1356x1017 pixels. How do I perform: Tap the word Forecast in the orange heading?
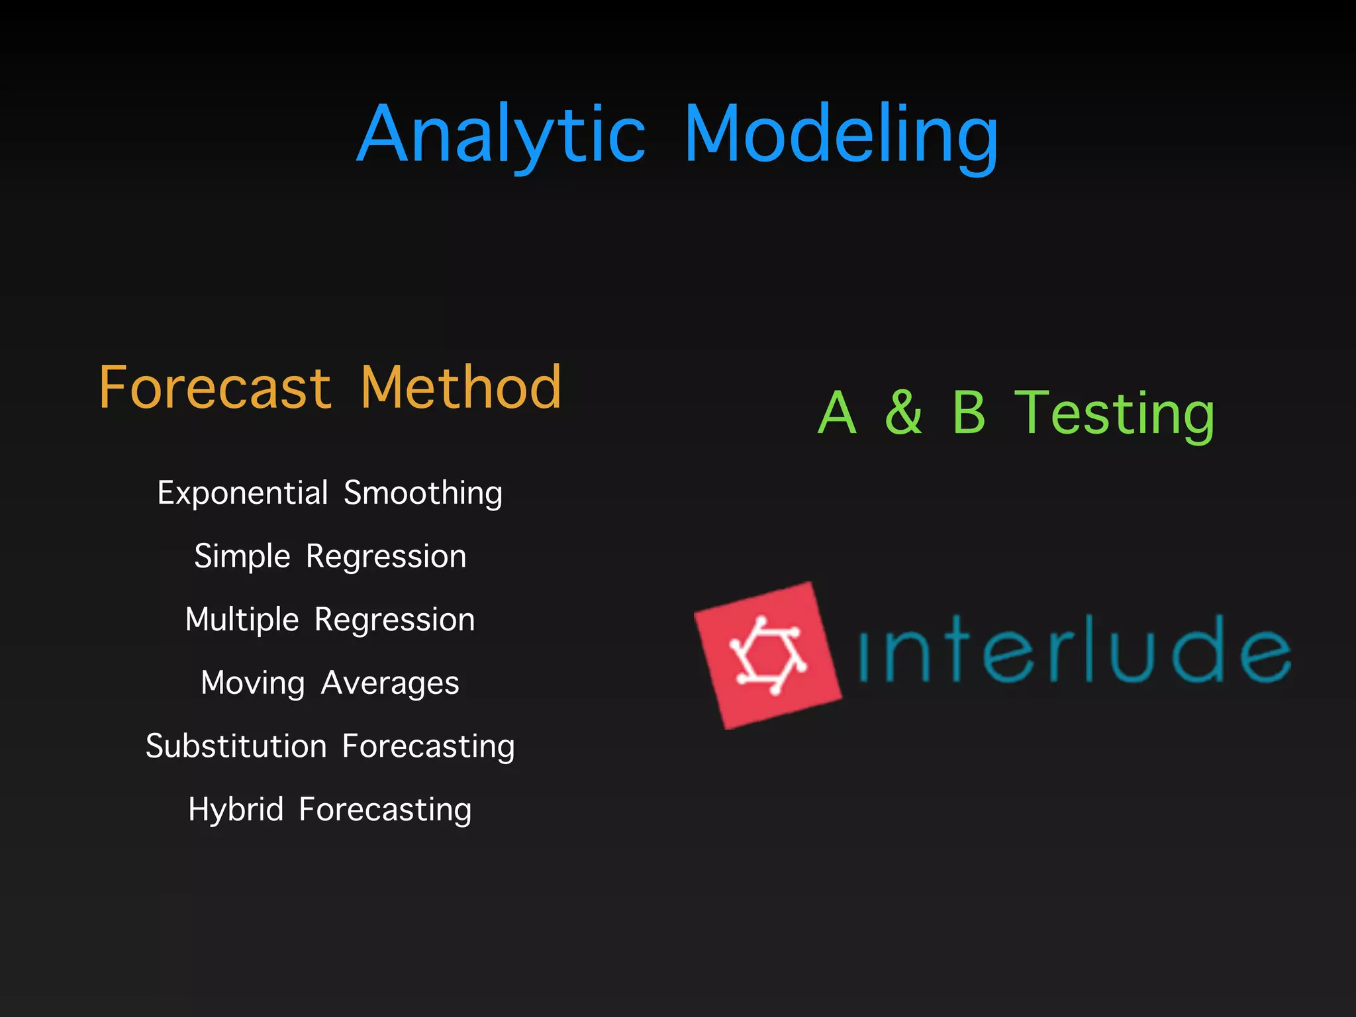[215, 388]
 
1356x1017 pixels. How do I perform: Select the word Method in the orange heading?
[461, 388]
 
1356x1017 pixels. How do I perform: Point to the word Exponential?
[243, 493]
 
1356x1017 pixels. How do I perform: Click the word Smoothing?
[423, 493]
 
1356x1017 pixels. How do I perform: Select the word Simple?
[242, 557]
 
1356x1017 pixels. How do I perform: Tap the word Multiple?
[242, 620]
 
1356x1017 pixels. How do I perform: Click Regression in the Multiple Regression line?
[395, 620]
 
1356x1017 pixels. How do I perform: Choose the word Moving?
[253, 683]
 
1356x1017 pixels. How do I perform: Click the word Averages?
[390, 683]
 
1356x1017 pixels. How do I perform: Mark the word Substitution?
[236, 747]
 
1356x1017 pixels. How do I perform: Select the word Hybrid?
[236, 810]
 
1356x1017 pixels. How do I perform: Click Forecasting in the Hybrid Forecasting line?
[385, 810]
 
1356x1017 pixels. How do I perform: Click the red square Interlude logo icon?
[768, 655]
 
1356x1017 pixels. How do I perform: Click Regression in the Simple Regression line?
[386, 557]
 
